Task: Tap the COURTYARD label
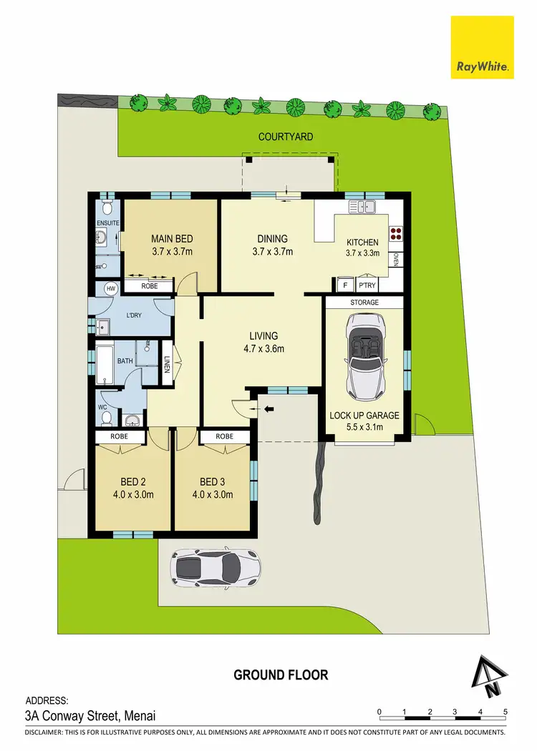286,137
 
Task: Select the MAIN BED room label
172,239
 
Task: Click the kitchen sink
363,207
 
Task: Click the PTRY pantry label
367,285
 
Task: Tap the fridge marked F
344,285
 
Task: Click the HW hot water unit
111,288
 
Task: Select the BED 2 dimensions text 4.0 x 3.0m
132,494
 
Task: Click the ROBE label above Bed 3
224,436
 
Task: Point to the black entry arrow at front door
270,409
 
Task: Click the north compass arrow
490,677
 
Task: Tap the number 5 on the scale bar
505,712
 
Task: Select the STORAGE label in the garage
364,303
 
